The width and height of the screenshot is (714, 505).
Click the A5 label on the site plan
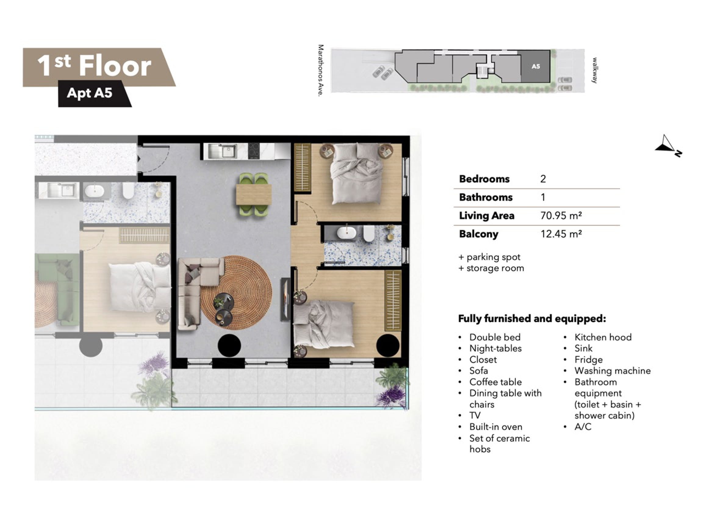coord(536,66)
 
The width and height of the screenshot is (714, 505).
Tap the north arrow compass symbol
coord(668,146)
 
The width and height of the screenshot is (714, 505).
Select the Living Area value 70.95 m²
coord(561,216)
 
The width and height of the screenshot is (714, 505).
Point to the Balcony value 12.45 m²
coord(561,234)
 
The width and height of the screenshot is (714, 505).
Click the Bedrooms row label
coord(484,179)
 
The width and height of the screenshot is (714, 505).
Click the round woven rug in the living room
coord(236,293)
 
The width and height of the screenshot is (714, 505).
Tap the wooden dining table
coord(254,195)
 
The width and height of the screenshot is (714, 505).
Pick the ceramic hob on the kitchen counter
coord(254,151)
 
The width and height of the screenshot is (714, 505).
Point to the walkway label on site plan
coord(594,70)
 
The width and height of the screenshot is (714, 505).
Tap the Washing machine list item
coord(612,371)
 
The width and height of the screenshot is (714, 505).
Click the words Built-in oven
coord(496,427)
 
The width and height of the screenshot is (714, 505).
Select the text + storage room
coord(491,268)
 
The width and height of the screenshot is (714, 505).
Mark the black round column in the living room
coord(229,346)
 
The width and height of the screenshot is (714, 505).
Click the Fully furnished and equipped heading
coord(532,319)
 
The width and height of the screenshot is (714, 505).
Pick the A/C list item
coord(583,427)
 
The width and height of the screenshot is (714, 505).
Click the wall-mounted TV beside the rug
coord(286,299)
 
